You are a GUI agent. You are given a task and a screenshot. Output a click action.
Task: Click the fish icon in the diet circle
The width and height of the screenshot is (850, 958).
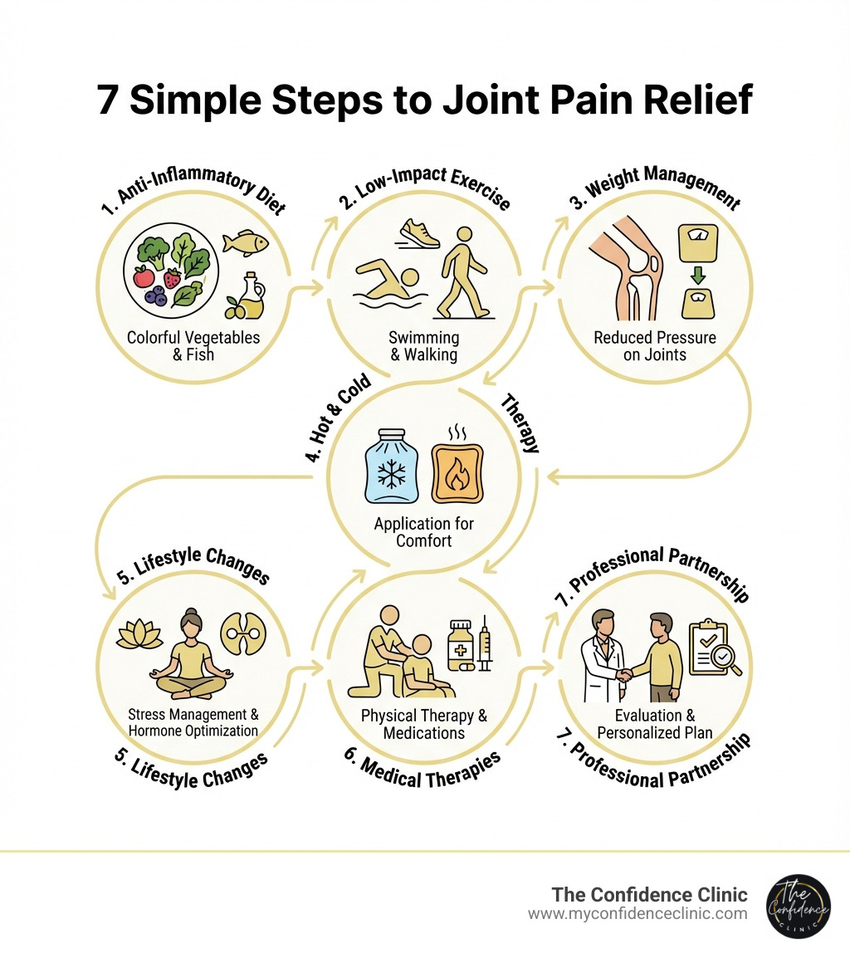pyautogui.click(x=247, y=242)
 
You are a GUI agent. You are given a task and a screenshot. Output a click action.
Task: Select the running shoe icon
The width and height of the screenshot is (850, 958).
pyautogui.click(x=419, y=233)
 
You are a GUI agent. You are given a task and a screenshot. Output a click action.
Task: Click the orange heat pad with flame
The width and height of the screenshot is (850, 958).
pyautogui.click(x=456, y=468)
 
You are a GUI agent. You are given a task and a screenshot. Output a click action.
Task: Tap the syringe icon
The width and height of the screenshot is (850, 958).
pyautogui.click(x=485, y=648)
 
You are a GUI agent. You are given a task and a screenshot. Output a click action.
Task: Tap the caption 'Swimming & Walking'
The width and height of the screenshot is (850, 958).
pyautogui.click(x=423, y=347)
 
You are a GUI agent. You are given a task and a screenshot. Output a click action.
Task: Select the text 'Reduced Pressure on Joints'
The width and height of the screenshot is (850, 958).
pyautogui.click(x=654, y=347)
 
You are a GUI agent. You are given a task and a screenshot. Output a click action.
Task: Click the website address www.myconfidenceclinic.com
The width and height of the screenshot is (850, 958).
pyautogui.click(x=637, y=913)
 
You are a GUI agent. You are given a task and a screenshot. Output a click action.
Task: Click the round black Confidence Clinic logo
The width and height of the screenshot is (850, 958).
pyautogui.click(x=798, y=905)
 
